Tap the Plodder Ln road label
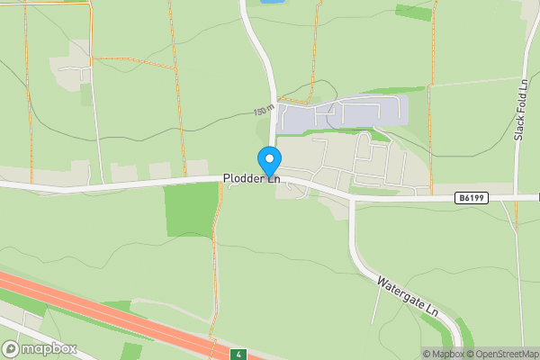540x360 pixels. coord(252,179)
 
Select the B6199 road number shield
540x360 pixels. coord(472,197)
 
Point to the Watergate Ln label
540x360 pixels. coord(406,294)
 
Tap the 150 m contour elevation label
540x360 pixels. coord(264,111)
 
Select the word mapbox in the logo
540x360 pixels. coord(49,348)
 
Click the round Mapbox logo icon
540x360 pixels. coord(12,348)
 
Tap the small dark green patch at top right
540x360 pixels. coord(413,13)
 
